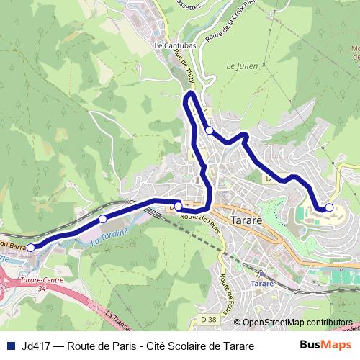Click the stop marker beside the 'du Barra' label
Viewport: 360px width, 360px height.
tap(31, 248)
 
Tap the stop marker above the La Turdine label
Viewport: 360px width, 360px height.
tap(103, 218)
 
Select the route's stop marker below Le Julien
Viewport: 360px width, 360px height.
tap(210, 130)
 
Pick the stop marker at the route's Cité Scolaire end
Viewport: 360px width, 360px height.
tap(329, 207)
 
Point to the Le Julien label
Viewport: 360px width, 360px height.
tap(241, 65)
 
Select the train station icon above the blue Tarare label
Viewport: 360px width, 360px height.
tap(261, 274)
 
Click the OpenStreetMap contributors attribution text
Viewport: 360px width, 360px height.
tap(297, 323)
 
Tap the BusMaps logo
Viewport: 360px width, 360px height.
tap(325, 345)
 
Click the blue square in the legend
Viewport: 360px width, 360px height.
tap(10, 346)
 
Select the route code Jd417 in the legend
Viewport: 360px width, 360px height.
tap(37, 346)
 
